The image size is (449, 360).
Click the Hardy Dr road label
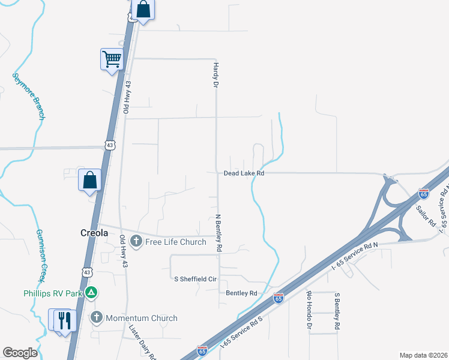tap(215, 74)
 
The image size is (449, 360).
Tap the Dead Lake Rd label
tap(244, 173)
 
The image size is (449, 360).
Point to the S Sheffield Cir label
tap(195, 279)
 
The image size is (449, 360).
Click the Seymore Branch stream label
tap(28, 96)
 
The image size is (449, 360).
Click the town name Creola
tap(94, 232)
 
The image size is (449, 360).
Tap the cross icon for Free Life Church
tap(136, 242)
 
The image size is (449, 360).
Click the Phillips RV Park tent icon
tap(91, 293)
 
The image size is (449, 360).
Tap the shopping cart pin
tap(112, 59)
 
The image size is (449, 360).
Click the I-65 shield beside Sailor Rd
tap(424, 194)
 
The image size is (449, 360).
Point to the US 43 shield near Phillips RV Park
tap(88, 272)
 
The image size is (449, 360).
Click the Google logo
tap(20, 353)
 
